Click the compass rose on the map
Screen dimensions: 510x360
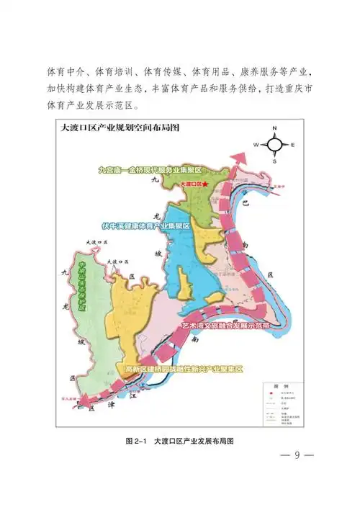point(274,145)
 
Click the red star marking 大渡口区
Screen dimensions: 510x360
point(207,185)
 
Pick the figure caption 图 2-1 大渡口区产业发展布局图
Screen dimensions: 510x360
point(180,439)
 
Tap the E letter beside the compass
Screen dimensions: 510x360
point(293,146)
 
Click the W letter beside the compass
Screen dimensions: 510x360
point(256,145)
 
